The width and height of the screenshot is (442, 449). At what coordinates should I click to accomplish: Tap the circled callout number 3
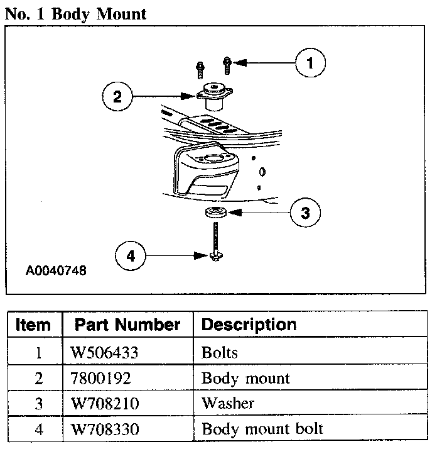coord(305,213)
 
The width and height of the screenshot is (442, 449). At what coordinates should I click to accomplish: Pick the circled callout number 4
coord(131,255)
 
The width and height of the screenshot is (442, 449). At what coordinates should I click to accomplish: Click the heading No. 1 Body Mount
coord(75,14)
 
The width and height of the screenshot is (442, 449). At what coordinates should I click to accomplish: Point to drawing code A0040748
coord(56,272)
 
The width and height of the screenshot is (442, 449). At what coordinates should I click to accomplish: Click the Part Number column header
coord(127,325)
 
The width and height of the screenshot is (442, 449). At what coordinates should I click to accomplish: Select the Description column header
coord(249,325)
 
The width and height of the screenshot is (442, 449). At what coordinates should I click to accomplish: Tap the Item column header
coord(33,325)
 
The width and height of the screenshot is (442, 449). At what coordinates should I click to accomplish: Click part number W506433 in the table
coord(104,352)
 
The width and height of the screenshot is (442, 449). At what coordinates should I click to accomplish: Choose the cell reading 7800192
coord(100,378)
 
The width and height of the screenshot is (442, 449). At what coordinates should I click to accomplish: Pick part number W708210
coord(104,404)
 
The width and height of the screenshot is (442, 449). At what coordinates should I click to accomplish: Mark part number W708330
coord(104,430)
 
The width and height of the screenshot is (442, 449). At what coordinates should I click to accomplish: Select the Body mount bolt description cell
coord(262,430)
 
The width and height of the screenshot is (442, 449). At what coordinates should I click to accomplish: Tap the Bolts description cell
coord(220,352)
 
